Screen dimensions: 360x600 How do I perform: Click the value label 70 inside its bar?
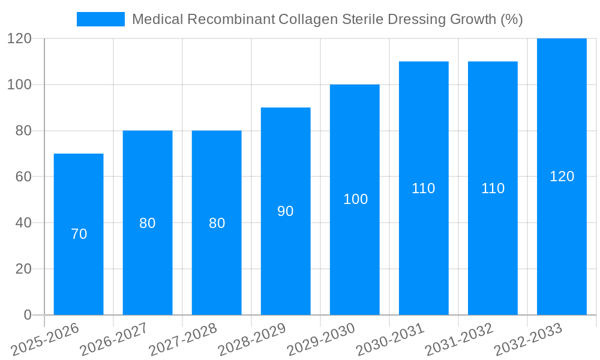(79, 234)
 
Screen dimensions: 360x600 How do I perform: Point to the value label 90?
(286, 211)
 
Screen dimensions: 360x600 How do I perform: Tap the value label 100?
(355, 199)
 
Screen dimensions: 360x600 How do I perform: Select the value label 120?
(562, 176)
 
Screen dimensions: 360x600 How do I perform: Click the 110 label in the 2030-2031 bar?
(424, 188)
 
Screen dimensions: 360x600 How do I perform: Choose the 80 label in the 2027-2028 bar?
(217, 223)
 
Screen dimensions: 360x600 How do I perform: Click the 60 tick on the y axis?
(23, 177)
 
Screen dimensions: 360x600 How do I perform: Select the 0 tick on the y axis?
(28, 315)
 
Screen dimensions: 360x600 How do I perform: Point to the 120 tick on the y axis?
(19, 39)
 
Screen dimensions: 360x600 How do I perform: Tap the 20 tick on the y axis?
(23, 269)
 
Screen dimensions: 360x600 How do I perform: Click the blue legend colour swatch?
(101, 19)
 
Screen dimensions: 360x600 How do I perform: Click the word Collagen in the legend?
(307, 19)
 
